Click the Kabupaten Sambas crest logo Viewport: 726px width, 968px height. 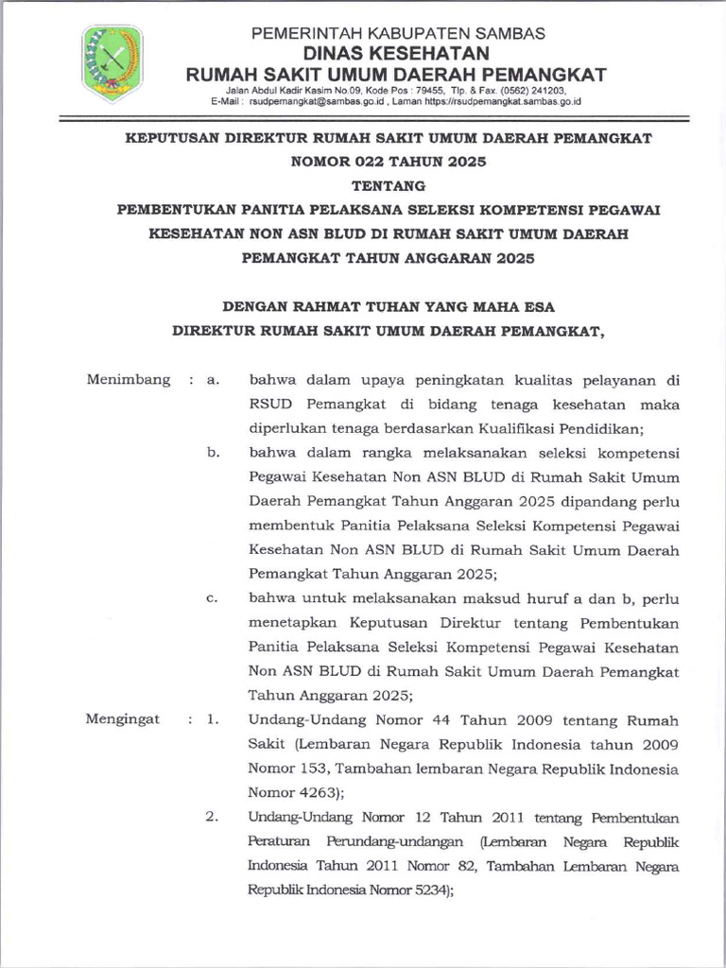click(112, 63)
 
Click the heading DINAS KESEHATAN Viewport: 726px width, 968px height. click(396, 53)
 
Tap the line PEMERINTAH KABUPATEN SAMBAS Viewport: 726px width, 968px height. click(397, 33)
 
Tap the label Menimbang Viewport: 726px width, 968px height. click(129, 380)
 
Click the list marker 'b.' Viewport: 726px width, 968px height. click(213, 453)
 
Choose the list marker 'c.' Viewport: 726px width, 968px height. click(213, 597)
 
